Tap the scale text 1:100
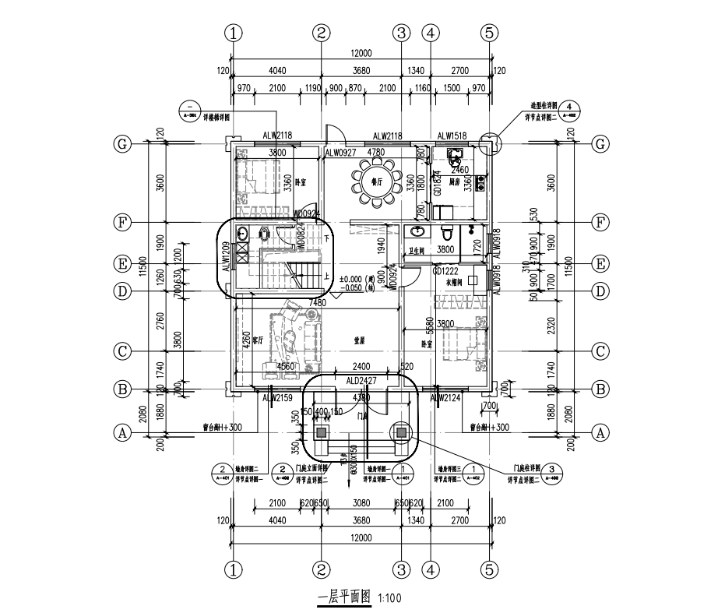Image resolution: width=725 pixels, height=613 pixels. pos(389,598)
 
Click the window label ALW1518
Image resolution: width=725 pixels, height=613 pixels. pos(452,136)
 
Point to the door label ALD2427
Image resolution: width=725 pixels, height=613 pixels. pos(361,382)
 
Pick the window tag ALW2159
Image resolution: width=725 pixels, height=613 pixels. pos(276,399)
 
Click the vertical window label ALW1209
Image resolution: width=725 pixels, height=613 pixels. pos(226,255)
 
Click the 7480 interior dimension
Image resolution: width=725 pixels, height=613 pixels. pos(316,302)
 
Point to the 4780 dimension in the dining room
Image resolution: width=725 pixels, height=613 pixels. pos(376,153)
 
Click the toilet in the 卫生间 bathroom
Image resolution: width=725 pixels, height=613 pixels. pos(447,232)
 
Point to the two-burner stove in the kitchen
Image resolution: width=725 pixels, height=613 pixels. pos(480,183)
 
